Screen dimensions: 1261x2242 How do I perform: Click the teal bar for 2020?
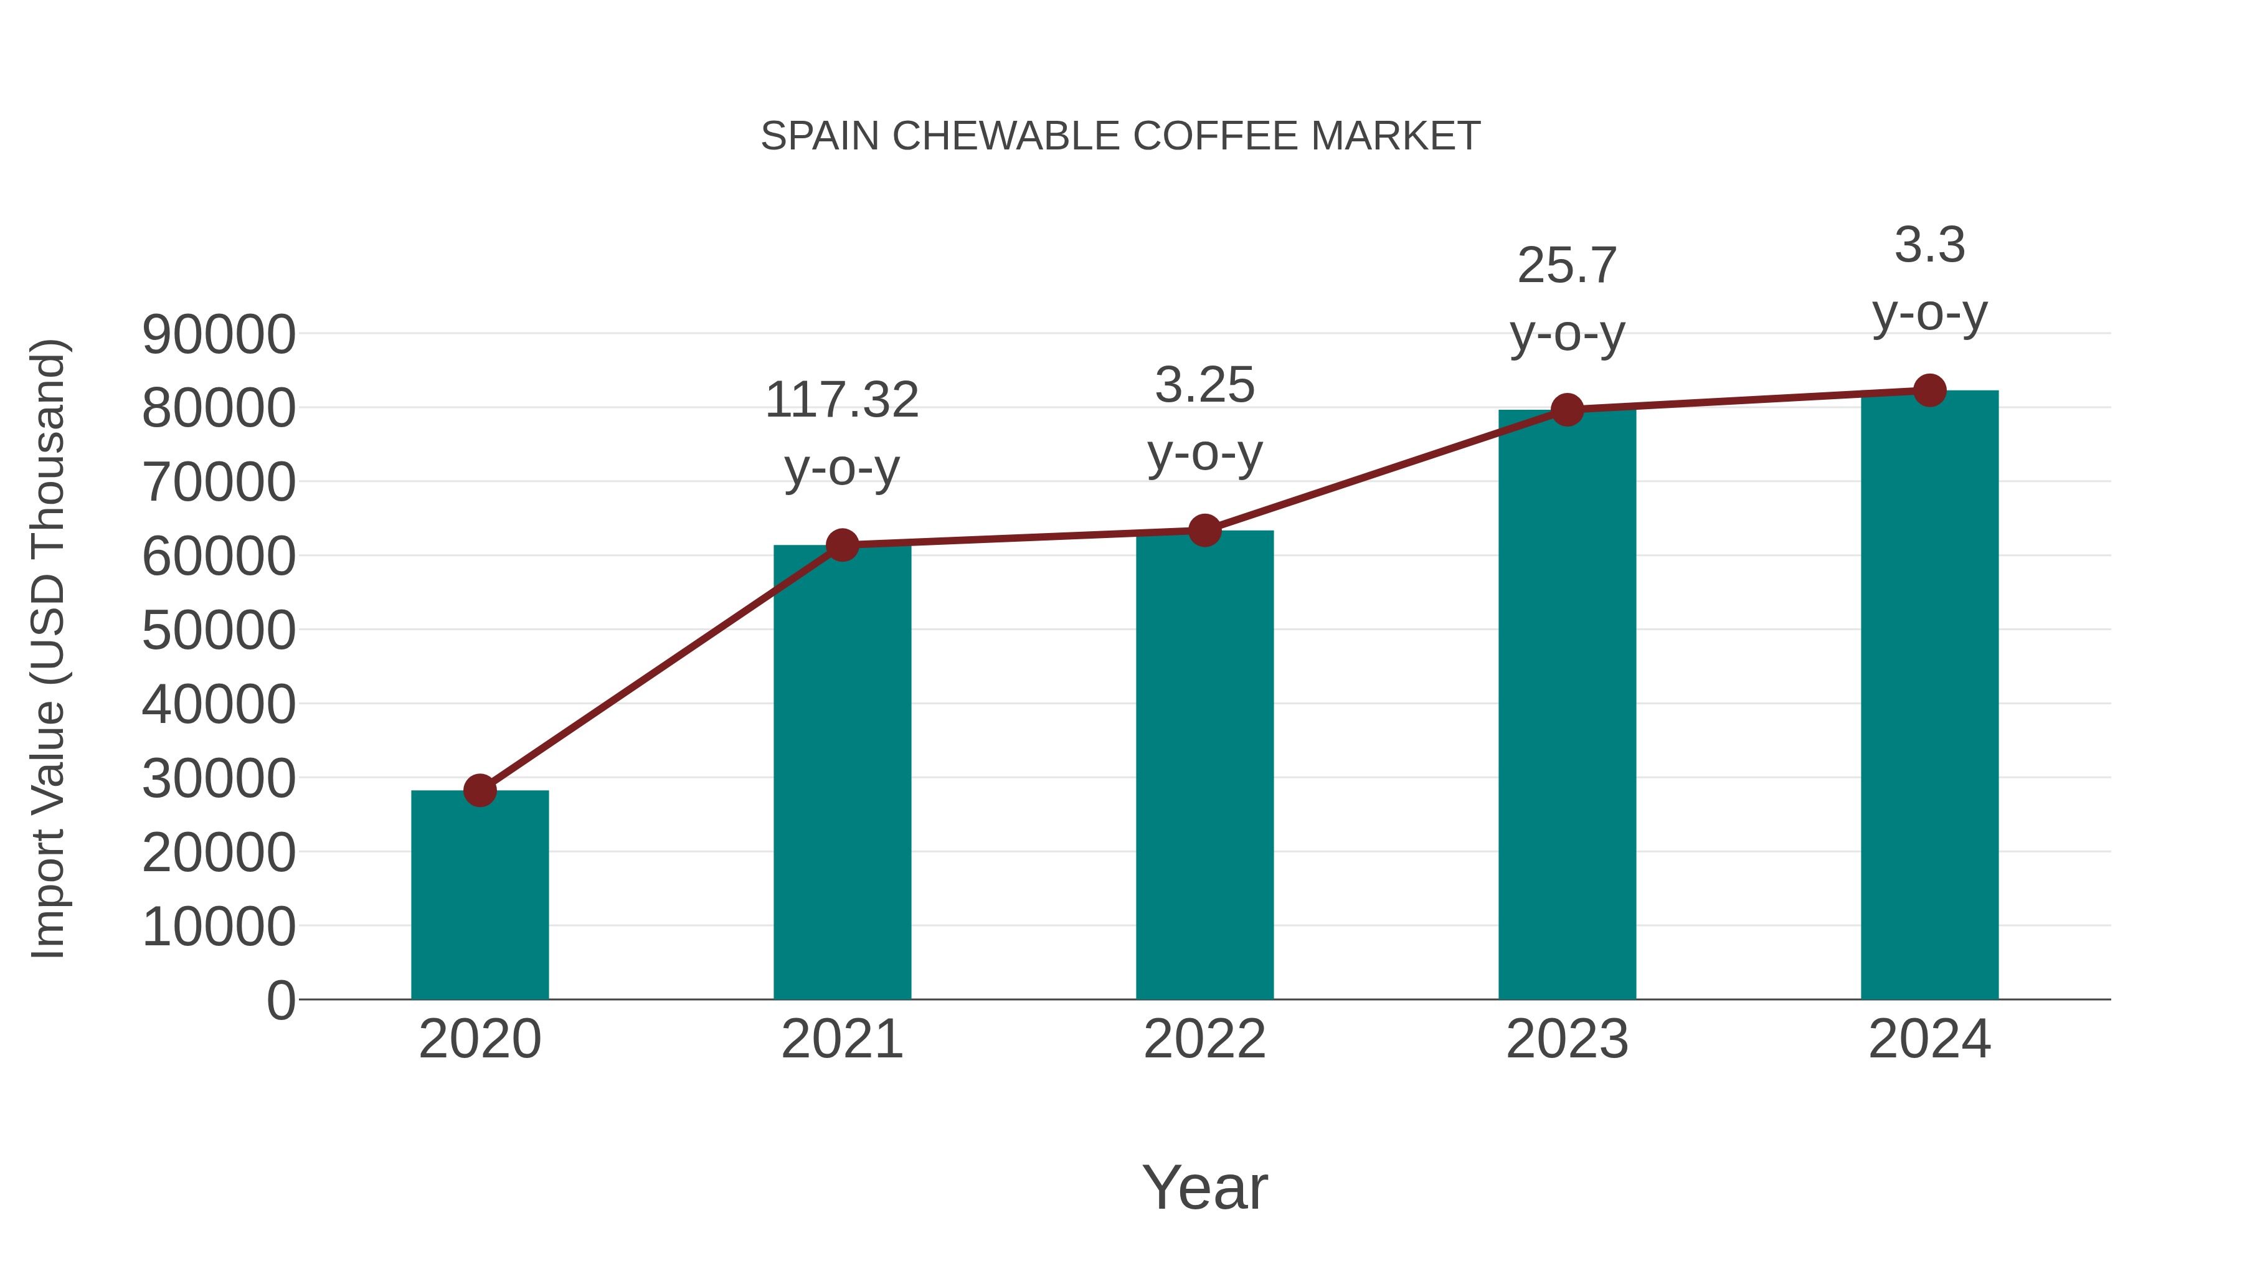click(480, 896)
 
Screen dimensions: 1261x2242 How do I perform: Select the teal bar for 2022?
click(1204, 766)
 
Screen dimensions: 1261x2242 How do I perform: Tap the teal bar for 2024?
click(1929, 696)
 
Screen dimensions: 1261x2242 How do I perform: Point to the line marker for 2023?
click(1568, 409)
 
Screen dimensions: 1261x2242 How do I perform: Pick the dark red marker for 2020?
click(480, 790)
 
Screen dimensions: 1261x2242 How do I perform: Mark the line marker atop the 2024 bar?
click(1929, 390)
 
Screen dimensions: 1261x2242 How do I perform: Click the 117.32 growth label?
click(841, 400)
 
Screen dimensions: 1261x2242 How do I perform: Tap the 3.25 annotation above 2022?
click(1204, 385)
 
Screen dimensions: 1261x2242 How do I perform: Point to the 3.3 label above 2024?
click(1929, 245)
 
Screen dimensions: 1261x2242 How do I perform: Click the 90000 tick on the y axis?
click(219, 334)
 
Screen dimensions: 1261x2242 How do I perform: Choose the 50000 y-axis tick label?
click(219, 630)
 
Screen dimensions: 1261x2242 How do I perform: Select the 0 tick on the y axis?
click(280, 1000)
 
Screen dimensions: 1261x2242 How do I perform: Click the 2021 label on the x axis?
click(841, 1039)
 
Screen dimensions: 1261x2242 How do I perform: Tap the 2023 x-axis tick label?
click(1567, 1039)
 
